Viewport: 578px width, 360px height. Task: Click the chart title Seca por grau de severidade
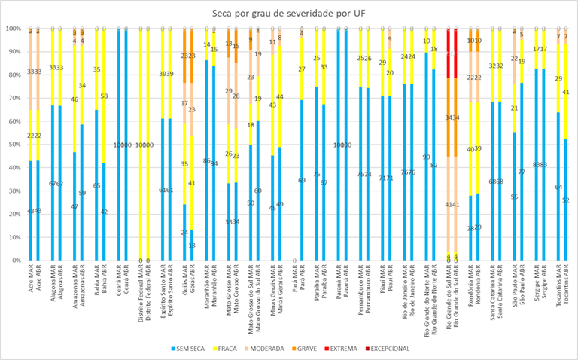289,12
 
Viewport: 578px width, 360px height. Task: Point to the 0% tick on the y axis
15,261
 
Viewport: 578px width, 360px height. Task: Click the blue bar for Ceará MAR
118,143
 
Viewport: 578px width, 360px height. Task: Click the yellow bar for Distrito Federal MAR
140,143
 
